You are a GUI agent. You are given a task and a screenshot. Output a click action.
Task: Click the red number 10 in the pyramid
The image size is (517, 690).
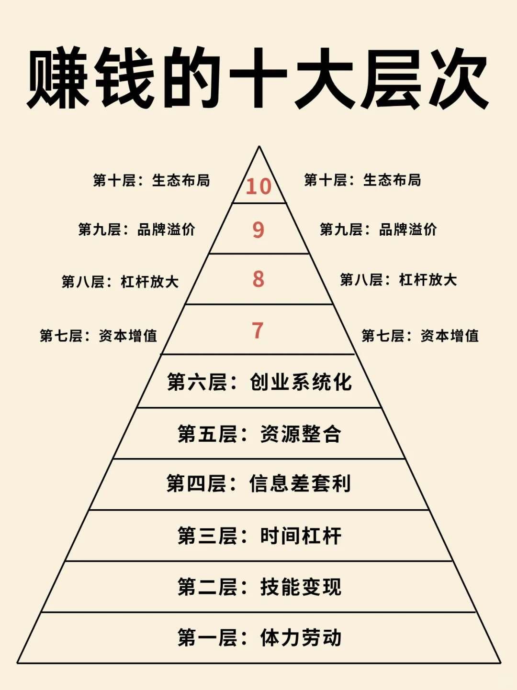click(258, 186)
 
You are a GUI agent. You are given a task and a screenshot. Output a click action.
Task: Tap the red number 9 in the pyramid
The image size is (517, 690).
click(258, 230)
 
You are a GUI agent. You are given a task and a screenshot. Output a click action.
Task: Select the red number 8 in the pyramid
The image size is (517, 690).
click(258, 279)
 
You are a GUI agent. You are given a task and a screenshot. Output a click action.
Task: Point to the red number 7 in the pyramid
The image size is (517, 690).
click(258, 330)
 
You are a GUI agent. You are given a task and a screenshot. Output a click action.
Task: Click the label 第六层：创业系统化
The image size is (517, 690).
click(259, 382)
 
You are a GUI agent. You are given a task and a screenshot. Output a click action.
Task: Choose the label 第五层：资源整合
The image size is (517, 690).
click(259, 434)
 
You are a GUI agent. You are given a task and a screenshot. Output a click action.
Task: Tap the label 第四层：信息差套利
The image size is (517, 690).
click(259, 484)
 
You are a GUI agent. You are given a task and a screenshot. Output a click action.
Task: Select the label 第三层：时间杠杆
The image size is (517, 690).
click(259, 536)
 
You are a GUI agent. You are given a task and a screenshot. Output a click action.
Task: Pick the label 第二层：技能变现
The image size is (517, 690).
click(259, 587)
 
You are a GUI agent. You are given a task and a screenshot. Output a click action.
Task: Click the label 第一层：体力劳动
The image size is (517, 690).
click(259, 638)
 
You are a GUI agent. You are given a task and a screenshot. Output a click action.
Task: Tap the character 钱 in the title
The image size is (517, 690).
click(125, 78)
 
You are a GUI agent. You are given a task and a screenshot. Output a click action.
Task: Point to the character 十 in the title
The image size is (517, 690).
click(258, 78)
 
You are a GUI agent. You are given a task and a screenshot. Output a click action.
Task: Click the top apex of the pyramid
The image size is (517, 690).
click(259, 147)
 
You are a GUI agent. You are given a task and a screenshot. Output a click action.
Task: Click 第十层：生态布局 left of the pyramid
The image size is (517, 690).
click(151, 181)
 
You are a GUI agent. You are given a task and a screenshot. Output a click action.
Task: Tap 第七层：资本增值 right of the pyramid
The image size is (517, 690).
click(420, 336)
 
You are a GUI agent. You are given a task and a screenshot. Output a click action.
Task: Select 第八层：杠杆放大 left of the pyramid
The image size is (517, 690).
click(120, 282)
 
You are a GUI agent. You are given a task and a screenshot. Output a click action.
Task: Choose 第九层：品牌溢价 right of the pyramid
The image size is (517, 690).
click(378, 230)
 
